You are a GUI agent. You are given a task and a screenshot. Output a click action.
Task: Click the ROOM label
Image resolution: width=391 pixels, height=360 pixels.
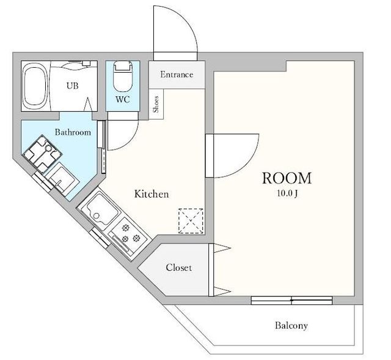(x=287, y=178)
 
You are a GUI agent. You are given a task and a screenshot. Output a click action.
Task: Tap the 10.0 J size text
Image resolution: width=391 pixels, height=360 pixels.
(x=287, y=193)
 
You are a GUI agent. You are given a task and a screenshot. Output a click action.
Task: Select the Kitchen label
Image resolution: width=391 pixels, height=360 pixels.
(x=152, y=194)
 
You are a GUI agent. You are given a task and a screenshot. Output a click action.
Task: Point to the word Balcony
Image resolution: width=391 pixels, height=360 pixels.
(x=291, y=325)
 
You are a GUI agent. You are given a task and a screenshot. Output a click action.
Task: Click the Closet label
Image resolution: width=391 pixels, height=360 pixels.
(x=179, y=268)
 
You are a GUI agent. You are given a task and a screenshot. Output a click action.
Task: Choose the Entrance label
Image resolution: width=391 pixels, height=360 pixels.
(x=177, y=74)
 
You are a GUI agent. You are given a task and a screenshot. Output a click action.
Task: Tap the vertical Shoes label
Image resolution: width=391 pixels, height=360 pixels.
(x=156, y=104)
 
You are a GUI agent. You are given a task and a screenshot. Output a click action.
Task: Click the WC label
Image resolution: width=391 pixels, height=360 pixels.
(x=122, y=99)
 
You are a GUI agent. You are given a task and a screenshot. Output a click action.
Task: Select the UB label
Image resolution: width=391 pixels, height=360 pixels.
(x=73, y=86)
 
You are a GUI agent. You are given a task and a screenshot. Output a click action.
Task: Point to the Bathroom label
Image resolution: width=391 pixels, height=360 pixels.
(x=73, y=132)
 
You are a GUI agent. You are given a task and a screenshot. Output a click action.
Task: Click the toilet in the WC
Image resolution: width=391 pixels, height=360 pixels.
(x=122, y=77)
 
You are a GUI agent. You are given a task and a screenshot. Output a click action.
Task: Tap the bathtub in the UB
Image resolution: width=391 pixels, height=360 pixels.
(x=35, y=86)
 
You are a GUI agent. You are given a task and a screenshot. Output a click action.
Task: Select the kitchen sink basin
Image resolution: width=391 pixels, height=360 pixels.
(x=102, y=209)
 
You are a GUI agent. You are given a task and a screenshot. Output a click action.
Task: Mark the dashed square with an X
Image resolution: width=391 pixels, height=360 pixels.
(x=191, y=221)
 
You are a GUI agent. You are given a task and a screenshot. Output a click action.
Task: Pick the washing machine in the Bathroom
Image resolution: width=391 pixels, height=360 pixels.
(x=42, y=154)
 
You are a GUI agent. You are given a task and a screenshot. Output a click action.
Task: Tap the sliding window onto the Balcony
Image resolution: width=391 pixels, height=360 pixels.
(x=291, y=300)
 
